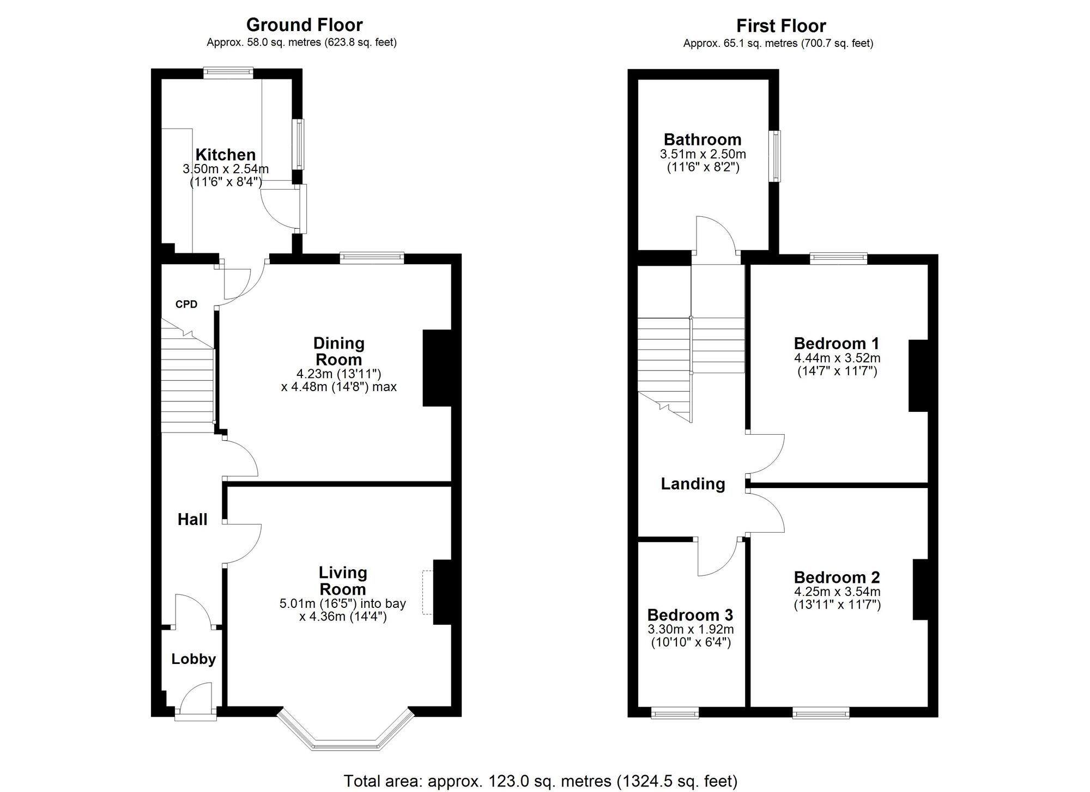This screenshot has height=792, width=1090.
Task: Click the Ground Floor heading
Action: tap(304, 25)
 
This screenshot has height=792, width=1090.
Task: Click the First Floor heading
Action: tap(780, 26)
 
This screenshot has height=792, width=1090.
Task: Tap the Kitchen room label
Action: tap(226, 155)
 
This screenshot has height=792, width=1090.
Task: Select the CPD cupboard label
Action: tap(186, 304)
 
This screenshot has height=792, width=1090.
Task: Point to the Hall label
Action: tap(192, 520)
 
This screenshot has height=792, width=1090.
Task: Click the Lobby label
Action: tap(193, 659)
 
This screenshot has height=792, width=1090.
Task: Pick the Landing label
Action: tap(693, 484)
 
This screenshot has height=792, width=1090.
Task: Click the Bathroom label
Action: tap(703, 139)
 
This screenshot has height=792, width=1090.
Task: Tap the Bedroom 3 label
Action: tap(690, 615)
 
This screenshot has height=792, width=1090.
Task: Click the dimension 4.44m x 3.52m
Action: tap(837, 358)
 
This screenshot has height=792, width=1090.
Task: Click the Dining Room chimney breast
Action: tap(437, 368)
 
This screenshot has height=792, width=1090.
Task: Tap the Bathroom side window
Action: tap(774, 156)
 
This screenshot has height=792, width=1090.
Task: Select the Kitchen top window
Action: tap(228, 72)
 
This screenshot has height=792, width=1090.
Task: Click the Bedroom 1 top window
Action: tap(838, 258)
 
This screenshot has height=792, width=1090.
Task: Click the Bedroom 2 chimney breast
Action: tap(921, 589)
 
